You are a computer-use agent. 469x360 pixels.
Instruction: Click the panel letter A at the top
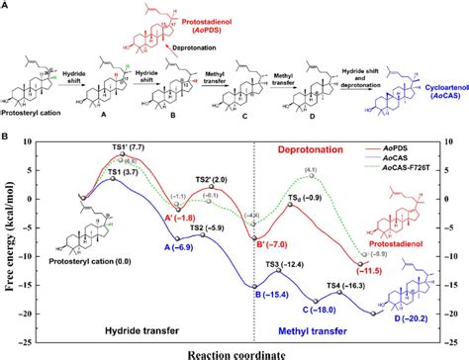pyautogui.click(x=8, y=6)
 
